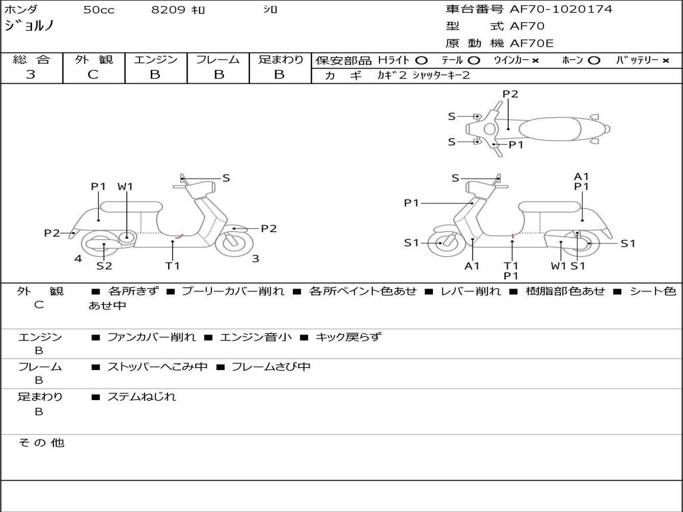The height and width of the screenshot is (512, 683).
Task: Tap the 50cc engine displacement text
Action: click(99, 10)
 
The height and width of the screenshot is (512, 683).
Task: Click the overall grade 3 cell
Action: click(31, 75)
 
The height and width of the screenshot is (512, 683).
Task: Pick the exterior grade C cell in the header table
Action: click(93, 75)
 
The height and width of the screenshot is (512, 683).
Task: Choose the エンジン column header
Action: click(155, 60)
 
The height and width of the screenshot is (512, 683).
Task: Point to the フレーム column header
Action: click(218, 60)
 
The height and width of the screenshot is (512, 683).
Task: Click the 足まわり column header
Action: click(280, 60)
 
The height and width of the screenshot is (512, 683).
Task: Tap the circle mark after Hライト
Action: click(422, 61)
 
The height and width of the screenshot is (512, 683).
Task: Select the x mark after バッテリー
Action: click(665, 61)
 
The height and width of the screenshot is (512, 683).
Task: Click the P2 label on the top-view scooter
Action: click(510, 94)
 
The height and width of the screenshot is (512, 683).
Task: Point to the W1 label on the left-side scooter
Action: click(125, 187)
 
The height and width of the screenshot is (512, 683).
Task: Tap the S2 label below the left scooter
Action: click(104, 266)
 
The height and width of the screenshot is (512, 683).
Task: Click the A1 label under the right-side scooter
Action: click(472, 266)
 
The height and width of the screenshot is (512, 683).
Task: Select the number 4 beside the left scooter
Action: click(78, 259)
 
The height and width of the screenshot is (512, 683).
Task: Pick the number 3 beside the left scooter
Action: click(255, 259)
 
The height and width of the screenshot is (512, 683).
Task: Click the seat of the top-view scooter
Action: click(552, 128)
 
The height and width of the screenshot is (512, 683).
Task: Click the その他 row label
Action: click(40, 443)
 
